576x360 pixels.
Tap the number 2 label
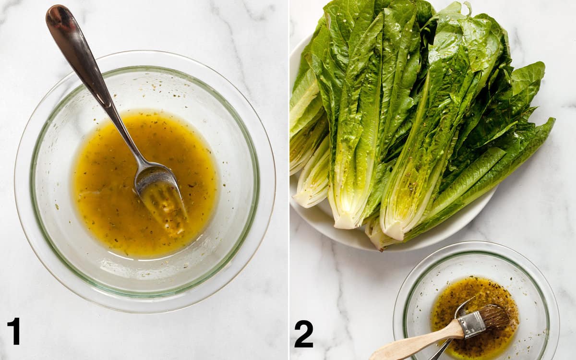[x=304, y=334]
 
